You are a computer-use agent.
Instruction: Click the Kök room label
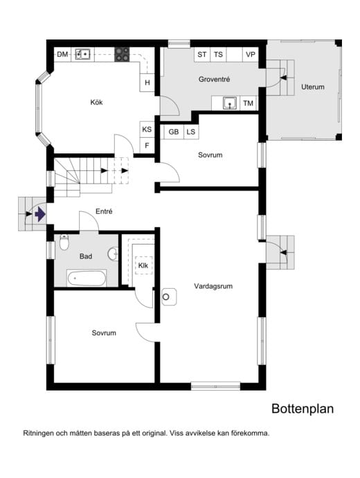coord(96,102)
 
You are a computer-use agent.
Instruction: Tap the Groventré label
coord(214,79)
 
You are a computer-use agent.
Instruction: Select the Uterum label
coord(312,87)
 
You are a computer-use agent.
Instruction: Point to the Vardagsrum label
coord(213,286)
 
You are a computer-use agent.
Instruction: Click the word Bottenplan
coord(303,409)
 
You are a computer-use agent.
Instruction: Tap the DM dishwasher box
coord(62,55)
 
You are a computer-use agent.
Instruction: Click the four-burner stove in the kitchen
coord(122,55)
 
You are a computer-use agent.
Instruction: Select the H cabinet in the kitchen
coord(147,82)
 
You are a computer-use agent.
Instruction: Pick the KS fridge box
coord(147,130)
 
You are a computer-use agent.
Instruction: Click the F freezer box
coord(147,145)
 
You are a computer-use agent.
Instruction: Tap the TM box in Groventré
coord(249,103)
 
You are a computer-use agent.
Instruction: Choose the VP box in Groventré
coord(251,55)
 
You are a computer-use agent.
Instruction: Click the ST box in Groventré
coord(202,55)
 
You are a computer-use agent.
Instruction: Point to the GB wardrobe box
coord(173,132)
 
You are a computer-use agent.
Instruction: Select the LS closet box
coord(191,132)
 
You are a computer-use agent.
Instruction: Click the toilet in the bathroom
coord(64,242)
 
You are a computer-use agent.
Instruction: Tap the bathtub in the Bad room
coord(87,278)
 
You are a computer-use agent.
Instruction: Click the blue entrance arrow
coord(40,214)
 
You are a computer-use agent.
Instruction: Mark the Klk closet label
coord(143,265)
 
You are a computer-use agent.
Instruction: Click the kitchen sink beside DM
coord(82,55)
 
